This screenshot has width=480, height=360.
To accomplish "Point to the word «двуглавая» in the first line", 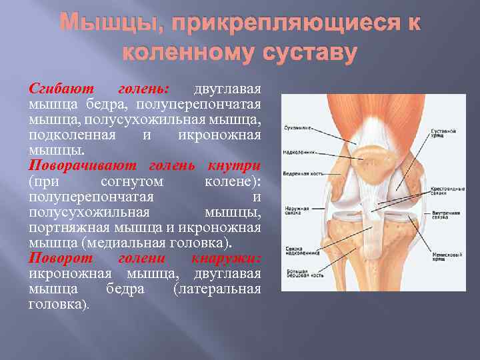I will (x=227, y=89).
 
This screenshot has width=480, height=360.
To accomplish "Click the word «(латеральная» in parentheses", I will (x=217, y=289).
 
